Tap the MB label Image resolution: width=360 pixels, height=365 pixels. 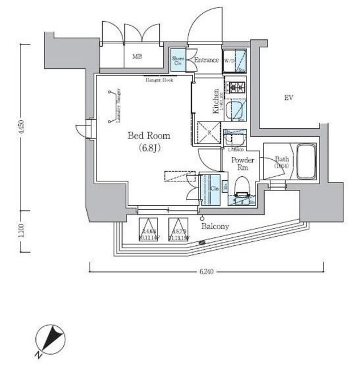[x=137, y=56]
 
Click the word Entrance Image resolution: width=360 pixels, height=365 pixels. [x=206, y=60]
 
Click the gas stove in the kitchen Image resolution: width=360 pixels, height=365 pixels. [x=235, y=88]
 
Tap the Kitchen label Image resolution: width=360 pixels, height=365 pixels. [x=217, y=102]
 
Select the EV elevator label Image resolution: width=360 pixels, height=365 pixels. [x=289, y=98]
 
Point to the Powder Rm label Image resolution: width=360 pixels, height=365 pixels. [x=242, y=164]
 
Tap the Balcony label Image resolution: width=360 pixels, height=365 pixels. [x=215, y=226]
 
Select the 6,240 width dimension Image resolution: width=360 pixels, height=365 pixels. [x=207, y=272]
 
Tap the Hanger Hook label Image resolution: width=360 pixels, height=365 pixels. [x=159, y=80]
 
